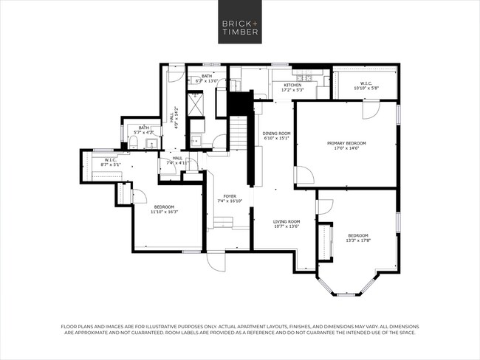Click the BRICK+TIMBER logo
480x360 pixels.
pos(240,27)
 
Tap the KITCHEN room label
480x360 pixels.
pos(292,86)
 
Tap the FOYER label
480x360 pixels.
pos(230,196)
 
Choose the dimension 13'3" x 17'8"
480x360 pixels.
pos(358,240)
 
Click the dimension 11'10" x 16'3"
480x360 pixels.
pos(164,212)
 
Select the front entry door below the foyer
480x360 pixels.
pos(216,261)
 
